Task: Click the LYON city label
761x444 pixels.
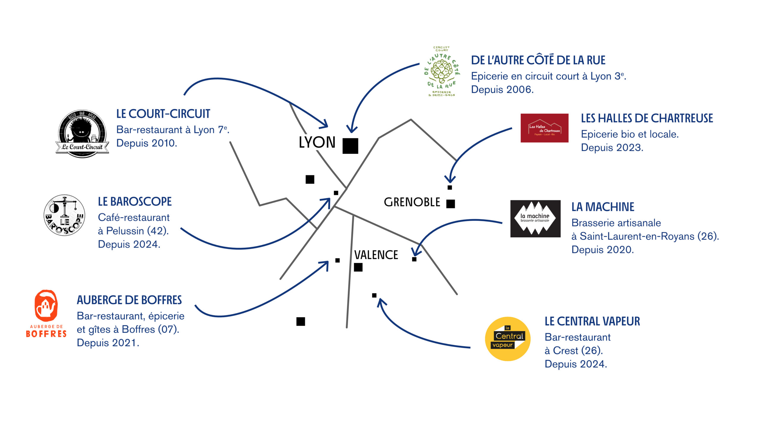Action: tap(317, 142)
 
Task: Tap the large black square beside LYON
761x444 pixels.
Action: tap(350, 146)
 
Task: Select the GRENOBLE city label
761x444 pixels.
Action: tap(412, 202)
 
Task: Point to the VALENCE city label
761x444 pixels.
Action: tap(376, 255)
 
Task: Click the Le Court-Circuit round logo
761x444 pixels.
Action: tap(82, 133)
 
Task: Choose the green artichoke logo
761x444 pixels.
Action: tap(441, 72)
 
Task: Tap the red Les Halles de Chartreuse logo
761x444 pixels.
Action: tap(544, 128)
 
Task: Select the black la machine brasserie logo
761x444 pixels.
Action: tap(535, 218)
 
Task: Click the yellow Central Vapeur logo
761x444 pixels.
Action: tap(507, 339)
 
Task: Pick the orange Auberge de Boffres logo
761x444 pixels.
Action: tap(46, 313)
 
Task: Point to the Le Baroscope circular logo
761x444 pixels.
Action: tap(64, 215)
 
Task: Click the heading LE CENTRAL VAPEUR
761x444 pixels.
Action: tap(592, 321)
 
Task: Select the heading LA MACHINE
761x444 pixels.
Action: tap(603, 207)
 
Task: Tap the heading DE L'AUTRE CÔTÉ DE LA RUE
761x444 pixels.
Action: tap(538, 60)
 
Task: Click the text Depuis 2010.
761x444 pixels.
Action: tap(147, 143)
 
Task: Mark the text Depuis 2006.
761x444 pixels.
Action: tap(502, 90)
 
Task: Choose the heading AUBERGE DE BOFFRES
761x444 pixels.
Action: tap(129, 300)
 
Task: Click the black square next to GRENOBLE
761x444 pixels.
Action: tap(451, 204)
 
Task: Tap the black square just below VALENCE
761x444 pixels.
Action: tap(358, 267)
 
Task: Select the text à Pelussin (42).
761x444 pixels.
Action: tap(133, 231)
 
